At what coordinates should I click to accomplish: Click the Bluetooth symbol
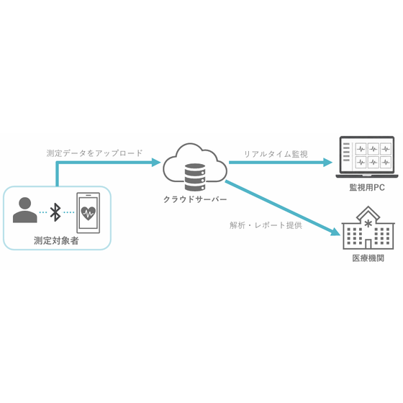pyautogui.click(x=55, y=212)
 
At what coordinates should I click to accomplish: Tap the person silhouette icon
pyautogui.click(x=25, y=210)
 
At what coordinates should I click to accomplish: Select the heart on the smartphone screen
pyautogui.click(x=88, y=213)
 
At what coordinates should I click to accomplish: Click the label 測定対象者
pyautogui.click(x=56, y=241)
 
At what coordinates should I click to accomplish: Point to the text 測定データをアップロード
pyautogui.click(x=94, y=153)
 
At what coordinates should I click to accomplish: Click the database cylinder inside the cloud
pyautogui.click(x=195, y=177)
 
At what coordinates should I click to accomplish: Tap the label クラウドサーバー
pyautogui.click(x=195, y=199)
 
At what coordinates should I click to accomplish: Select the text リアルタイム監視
pyautogui.click(x=276, y=154)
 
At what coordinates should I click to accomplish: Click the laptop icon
pyautogui.click(x=367, y=157)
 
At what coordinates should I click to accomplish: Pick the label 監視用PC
pyautogui.click(x=367, y=187)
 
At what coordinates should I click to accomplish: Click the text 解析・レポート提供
pyautogui.click(x=266, y=225)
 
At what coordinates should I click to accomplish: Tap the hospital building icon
pyautogui.click(x=368, y=227)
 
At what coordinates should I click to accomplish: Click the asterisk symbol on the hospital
pyautogui.click(x=368, y=224)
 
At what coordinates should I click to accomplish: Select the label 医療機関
pyautogui.click(x=368, y=258)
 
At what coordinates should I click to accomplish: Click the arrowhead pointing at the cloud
pyautogui.click(x=156, y=163)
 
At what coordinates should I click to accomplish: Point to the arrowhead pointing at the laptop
pyautogui.click(x=327, y=163)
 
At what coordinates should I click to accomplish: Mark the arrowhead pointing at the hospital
pyautogui.click(x=335, y=232)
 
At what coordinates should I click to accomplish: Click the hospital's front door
pyautogui.click(x=368, y=244)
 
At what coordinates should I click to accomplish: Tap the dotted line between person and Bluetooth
pyautogui.click(x=43, y=212)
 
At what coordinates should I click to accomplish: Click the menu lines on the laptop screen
pyautogui.click(x=346, y=152)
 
